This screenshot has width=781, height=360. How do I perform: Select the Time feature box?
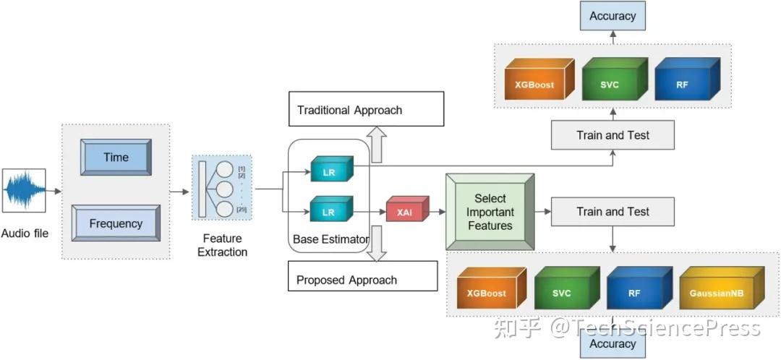point(116,158)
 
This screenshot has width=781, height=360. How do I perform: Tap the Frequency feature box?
point(116,223)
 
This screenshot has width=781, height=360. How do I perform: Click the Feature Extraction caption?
point(222,245)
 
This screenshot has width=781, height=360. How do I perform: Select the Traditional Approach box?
point(366,110)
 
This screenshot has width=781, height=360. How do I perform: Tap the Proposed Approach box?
point(362,279)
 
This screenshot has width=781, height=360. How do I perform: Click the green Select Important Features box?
point(490,211)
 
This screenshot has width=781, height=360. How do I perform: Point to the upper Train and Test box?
point(613,135)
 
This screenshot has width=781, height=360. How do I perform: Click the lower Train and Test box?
point(613,212)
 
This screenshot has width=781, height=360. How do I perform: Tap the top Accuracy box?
point(613,16)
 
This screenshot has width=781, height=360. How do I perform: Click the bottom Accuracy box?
point(613,344)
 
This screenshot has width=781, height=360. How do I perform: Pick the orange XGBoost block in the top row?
point(536,84)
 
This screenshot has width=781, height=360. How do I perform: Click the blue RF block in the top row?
point(683,84)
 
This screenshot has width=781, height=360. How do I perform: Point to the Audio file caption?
point(25,233)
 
